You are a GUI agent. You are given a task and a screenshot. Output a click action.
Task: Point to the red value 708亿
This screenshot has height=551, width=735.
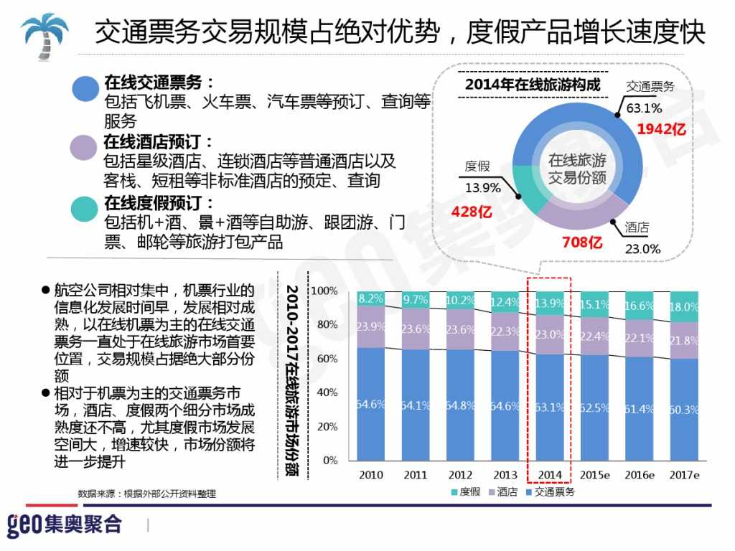pos(581,242)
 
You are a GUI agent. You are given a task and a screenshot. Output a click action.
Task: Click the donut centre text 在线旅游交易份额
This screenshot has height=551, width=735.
pos(577,169)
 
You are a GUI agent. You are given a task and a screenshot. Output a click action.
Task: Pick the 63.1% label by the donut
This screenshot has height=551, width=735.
pos(644,109)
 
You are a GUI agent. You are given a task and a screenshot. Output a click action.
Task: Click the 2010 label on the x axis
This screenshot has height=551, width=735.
pos(370,475)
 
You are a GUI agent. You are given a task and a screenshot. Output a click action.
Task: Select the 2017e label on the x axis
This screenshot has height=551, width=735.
pos(684,475)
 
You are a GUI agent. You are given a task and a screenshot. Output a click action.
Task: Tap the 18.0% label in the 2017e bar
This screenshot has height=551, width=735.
pos(684,307)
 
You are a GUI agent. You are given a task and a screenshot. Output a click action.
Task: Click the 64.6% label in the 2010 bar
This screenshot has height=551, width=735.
pos(370,405)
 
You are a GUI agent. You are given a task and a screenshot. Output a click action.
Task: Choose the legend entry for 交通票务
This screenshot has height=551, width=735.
pos(550,492)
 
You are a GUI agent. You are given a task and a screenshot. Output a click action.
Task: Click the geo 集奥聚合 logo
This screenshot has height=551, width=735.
pos(65,524)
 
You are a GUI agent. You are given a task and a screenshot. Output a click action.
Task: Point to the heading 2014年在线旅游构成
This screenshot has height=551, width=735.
pos(532,85)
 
